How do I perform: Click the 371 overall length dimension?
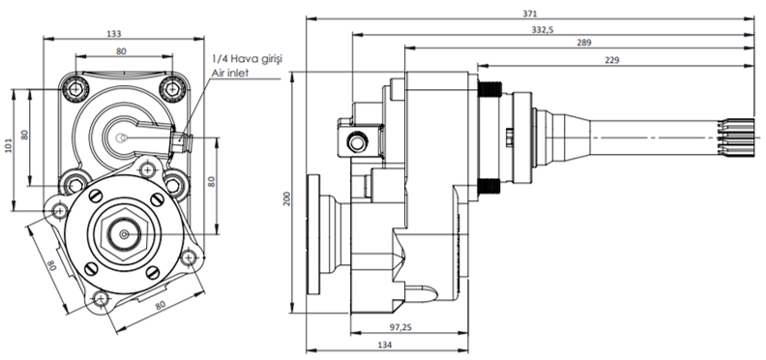point(530,14)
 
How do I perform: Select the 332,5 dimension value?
point(543,30)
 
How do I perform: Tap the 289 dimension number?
point(584,43)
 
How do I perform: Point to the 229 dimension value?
point(611,60)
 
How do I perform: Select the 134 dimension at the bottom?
point(385,345)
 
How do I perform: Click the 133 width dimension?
point(114,34)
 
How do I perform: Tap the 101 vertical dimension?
point(9,145)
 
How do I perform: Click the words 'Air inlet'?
point(229,73)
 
